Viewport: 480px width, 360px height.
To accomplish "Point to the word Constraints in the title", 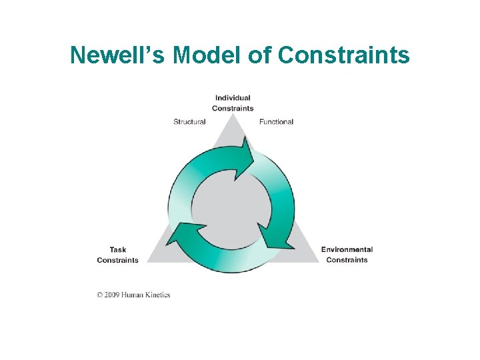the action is pyautogui.click(x=344, y=55).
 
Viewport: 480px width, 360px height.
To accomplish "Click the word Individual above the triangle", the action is pyautogui.click(x=233, y=98).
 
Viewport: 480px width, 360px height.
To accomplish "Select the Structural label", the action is pyautogui.click(x=189, y=122).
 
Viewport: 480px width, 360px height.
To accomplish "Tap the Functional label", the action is pyautogui.click(x=276, y=122).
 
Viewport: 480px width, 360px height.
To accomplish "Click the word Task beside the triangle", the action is pyautogui.click(x=118, y=250).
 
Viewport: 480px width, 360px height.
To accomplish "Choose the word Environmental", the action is pyautogui.click(x=347, y=250).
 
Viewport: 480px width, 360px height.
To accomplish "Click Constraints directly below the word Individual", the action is pyautogui.click(x=233, y=108).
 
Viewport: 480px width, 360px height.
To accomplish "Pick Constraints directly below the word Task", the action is pyautogui.click(x=118, y=260).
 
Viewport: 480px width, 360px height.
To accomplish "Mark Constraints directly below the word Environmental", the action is pyautogui.click(x=347, y=260).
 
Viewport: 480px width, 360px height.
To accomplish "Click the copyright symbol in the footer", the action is pyautogui.click(x=100, y=295).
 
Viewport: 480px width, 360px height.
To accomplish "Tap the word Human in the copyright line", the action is pyautogui.click(x=135, y=295).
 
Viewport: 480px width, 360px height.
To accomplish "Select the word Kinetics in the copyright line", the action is pyautogui.click(x=159, y=295).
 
